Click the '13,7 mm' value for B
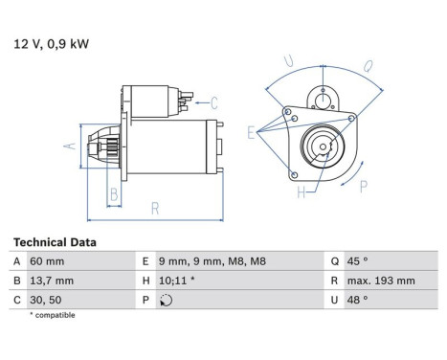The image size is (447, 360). pos(52,281)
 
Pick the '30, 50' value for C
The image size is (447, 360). pos(46,299)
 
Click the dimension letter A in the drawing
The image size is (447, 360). pos(68,146)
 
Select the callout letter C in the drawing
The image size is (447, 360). pos(213,102)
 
